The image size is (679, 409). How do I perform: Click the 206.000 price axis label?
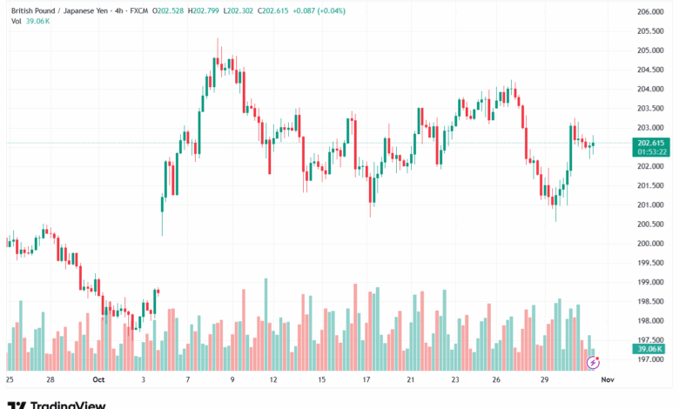tap(650, 11)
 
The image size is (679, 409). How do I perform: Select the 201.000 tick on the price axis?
tap(650, 204)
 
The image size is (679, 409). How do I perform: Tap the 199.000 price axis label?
tap(650, 282)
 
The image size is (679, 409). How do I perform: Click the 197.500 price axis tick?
tap(650, 340)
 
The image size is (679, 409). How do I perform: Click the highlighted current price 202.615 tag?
tap(651, 143)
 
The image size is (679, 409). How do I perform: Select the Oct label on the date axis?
tap(97, 379)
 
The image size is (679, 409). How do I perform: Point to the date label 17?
tap(367, 379)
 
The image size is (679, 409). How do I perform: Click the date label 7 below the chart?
tap(187, 379)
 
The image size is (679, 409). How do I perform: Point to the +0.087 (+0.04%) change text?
tap(297, 11)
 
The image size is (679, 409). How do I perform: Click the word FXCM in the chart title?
tap(138, 11)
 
